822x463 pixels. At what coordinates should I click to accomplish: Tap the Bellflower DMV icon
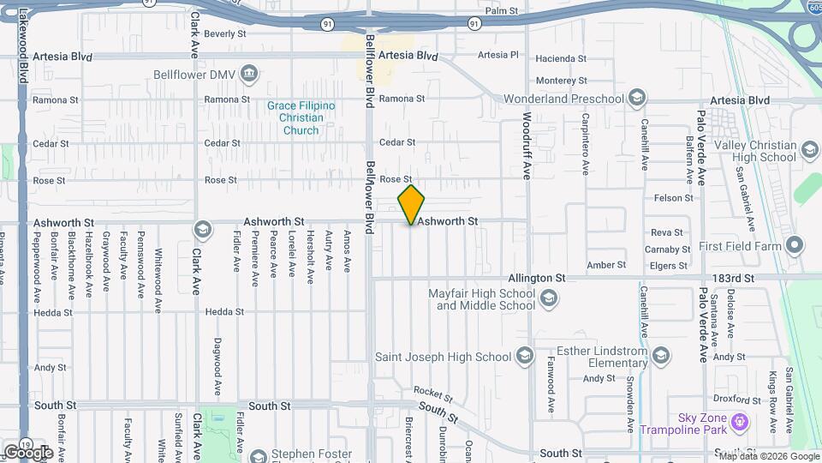click(x=248, y=73)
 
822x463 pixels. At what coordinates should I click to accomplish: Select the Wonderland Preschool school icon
click(x=636, y=98)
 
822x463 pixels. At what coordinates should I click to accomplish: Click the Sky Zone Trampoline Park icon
click(x=741, y=423)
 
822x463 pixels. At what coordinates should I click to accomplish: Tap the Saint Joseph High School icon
click(x=524, y=357)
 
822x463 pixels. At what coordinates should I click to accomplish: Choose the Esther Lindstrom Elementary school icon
click(x=661, y=356)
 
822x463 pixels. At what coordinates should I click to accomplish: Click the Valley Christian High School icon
click(x=809, y=152)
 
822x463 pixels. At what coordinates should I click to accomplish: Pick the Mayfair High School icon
click(x=549, y=299)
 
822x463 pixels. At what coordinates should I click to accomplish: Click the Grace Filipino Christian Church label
click(x=301, y=117)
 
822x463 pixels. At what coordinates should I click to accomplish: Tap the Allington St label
click(x=537, y=279)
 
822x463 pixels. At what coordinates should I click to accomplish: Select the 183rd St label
click(x=736, y=279)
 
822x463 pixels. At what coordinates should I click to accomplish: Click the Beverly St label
click(x=225, y=34)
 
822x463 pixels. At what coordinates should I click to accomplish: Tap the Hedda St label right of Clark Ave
click(x=224, y=312)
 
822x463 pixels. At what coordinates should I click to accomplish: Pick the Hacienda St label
click(x=561, y=59)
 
